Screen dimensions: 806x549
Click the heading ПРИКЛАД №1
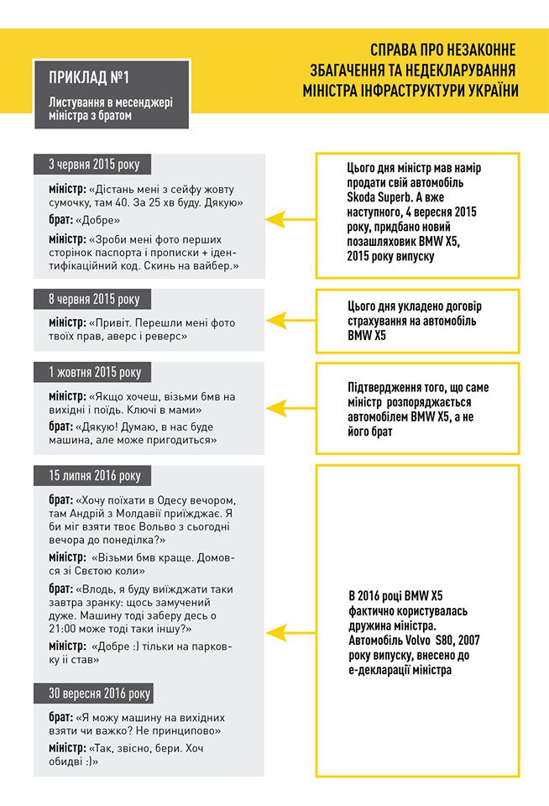[89, 79]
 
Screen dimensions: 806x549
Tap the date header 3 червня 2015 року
[99, 165]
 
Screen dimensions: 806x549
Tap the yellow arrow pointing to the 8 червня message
[290, 320]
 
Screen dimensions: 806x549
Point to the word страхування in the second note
[383, 321]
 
